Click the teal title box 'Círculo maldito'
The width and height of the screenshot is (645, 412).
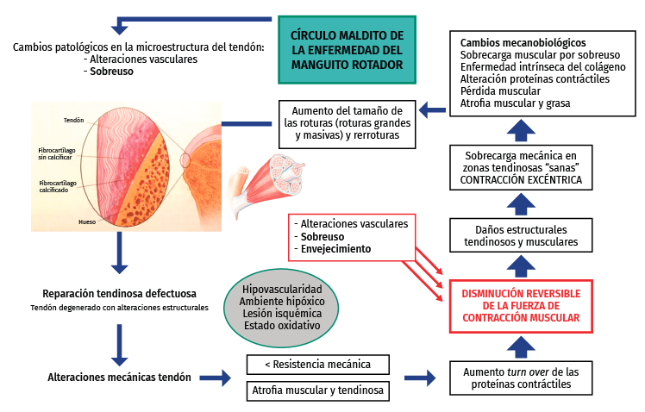pos(348,49)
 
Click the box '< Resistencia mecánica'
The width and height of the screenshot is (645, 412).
pos(317,365)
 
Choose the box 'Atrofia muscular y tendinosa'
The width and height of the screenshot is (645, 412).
pos(317,390)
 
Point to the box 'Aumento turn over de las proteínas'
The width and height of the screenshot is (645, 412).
pos(521,378)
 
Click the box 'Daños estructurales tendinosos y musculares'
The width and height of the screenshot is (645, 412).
pos(521,235)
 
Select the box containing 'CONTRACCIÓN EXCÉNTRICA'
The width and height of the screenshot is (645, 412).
pos(521,166)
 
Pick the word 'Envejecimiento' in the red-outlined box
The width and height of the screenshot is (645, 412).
pos(337,249)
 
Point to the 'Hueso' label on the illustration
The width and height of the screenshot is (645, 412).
pos(86,222)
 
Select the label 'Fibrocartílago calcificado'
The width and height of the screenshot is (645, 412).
pos(58,187)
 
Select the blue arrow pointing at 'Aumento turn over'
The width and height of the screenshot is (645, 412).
pos(421,378)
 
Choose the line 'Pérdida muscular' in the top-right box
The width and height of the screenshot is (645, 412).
pos(500,91)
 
